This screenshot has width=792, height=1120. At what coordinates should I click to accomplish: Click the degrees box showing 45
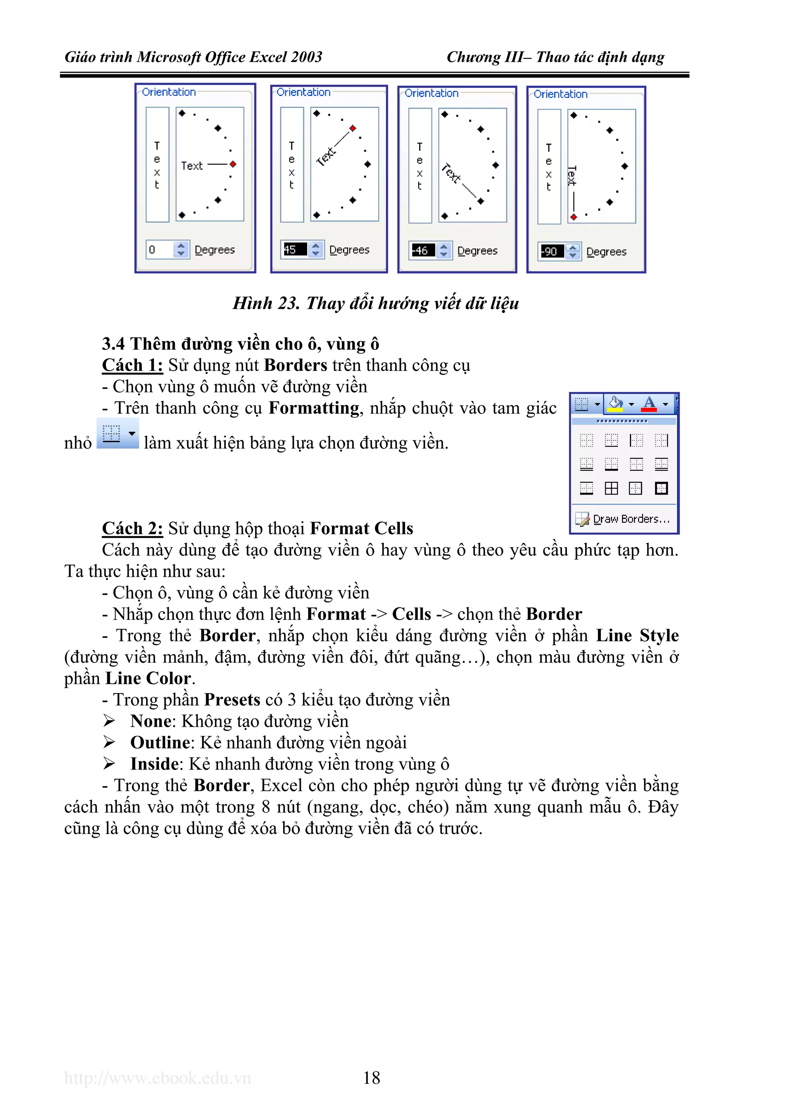[295, 250]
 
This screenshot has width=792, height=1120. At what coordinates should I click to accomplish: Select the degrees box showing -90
[552, 252]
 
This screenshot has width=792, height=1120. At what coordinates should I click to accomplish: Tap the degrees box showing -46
[423, 251]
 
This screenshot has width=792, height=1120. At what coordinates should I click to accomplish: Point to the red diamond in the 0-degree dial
[233, 164]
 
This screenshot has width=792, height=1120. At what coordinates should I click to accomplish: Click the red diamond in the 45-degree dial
[353, 128]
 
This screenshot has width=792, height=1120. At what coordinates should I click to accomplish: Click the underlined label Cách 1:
[132, 365]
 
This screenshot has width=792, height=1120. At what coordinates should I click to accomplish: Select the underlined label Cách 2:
[132, 529]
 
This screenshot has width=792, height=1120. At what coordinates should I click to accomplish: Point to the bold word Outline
[160, 742]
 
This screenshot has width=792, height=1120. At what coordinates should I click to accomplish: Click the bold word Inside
[154, 764]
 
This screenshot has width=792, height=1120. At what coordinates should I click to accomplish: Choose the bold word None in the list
[151, 721]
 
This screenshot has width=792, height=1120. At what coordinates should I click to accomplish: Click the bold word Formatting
[314, 408]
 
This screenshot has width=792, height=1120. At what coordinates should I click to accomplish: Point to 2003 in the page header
[306, 58]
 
